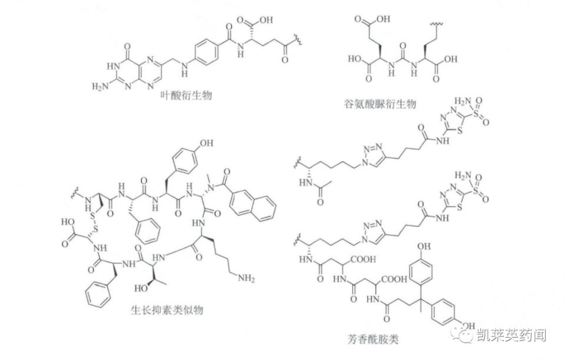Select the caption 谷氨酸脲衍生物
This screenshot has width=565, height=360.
(380, 104)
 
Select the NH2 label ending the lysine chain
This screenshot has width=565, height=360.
(247, 278)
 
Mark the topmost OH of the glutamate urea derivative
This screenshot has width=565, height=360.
(383, 20)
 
